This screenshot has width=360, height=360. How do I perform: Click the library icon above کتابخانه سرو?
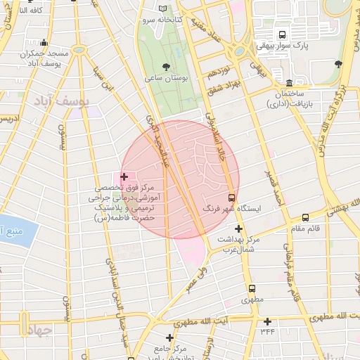click(x=165, y=8)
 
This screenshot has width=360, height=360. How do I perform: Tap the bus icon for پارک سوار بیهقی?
click(x=283, y=35)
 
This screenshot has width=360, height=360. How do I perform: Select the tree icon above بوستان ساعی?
click(x=165, y=67)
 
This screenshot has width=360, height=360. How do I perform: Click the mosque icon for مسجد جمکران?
click(x=44, y=43)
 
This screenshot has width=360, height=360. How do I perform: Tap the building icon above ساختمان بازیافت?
click(x=290, y=82)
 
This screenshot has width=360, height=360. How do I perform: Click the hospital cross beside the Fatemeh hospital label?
click(x=124, y=176)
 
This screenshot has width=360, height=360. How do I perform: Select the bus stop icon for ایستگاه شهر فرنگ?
click(x=232, y=198)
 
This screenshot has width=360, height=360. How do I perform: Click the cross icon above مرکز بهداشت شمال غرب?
click(x=239, y=229)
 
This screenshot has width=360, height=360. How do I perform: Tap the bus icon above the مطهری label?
click(x=251, y=288)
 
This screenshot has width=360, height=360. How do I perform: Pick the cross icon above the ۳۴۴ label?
click(x=267, y=321)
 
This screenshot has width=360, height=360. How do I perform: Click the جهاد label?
click(x=39, y=330)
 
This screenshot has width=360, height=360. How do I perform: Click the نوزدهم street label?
click(x=219, y=73)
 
